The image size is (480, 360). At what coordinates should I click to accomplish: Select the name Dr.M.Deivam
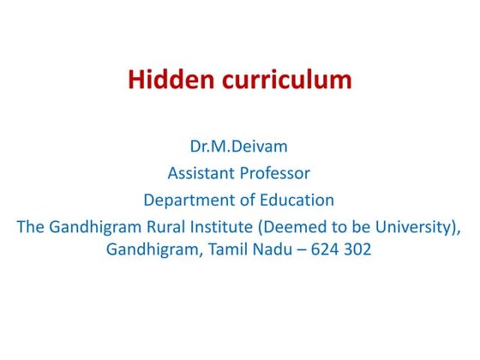(x=239, y=147)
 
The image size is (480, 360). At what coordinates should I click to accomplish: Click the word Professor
(x=276, y=173)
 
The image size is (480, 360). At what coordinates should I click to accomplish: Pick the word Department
(x=184, y=201)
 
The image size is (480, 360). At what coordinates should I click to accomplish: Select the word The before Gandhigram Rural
(x=31, y=227)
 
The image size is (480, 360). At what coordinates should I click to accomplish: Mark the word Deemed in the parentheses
(x=293, y=227)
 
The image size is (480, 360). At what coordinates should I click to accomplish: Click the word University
(x=419, y=227)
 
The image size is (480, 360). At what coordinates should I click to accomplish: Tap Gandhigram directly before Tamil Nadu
(x=152, y=252)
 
